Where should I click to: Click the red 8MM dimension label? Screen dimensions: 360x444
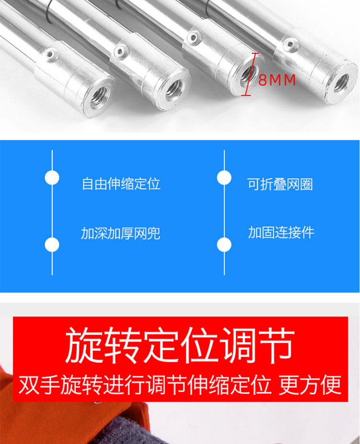pyautogui.click(x=277, y=80)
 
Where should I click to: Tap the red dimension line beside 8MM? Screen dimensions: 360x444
pyautogui.click(x=250, y=74)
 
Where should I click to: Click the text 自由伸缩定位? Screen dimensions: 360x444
pyautogui.click(x=121, y=184)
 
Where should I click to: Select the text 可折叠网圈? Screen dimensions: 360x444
pyautogui.click(x=280, y=185)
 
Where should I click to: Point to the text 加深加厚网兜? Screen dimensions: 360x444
pyautogui.click(x=121, y=234)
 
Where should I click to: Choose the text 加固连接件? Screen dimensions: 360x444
pyautogui.click(x=281, y=233)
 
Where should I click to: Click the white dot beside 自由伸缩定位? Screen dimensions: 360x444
pyautogui.click(x=52, y=178)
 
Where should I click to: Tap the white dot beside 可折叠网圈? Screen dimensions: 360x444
pyautogui.click(x=224, y=178)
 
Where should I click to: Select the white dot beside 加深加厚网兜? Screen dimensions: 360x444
pyautogui.click(x=52, y=245)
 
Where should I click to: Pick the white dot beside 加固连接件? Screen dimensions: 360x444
pyautogui.click(x=224, y=245)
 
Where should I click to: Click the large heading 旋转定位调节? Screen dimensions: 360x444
pyautogui.click(x=180, y=345)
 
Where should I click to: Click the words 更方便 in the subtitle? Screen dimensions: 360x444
pyautogui.click(x=310, y=385)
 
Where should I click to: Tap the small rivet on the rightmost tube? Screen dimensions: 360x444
pyautogui.click(x=289, y=44)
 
